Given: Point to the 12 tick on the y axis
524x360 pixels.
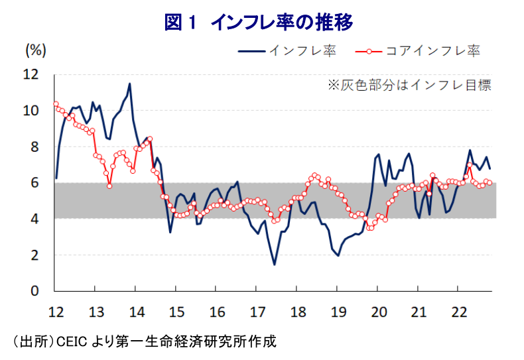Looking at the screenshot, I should pos(31,74).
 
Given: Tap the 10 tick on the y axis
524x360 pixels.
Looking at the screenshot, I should pos(31,111).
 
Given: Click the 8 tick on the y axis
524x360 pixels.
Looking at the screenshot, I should pos(35,147).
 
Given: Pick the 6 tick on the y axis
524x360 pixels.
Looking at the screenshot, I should pos(35,183).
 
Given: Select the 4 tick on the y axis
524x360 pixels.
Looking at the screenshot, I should pos(35,219).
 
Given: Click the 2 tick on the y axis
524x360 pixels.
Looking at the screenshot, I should pos(35,255).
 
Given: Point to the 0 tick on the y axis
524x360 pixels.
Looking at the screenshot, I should pos(35,291).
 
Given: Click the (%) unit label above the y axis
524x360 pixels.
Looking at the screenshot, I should pos(34,50).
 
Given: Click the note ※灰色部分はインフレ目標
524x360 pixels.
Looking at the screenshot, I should pos(409,85).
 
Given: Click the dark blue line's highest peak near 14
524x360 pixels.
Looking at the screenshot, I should pos(129,84).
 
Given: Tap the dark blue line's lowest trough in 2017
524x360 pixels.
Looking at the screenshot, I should pos(275,265).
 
